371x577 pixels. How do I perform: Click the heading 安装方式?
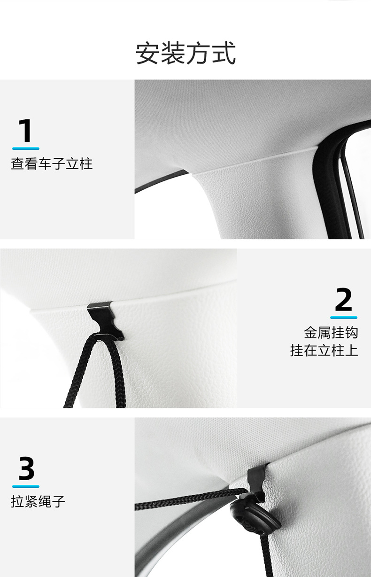point(185,53)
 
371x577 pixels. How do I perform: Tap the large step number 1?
point(25,130)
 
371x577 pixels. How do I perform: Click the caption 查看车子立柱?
point(52,164)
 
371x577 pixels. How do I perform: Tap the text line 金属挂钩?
point(331,333)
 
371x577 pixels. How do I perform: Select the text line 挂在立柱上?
point(324,351)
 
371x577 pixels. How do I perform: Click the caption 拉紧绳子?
point(38,501)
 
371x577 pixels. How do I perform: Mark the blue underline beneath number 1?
point(26,148)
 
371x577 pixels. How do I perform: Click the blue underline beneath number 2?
point(344,317)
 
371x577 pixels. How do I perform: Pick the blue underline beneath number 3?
point(26,486)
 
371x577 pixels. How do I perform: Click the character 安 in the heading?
point(147,53)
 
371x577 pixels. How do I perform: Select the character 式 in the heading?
point(224,53)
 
